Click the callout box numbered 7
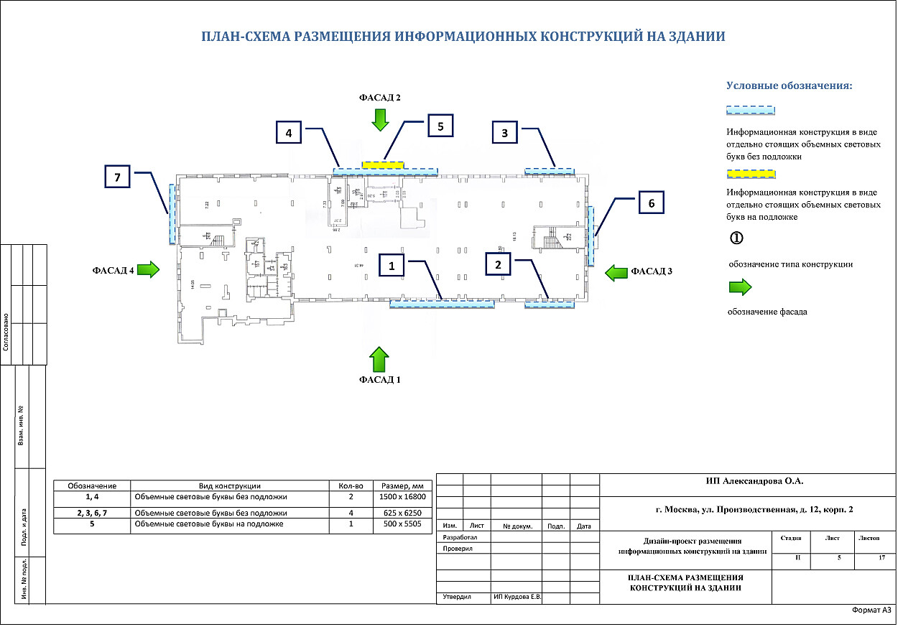tap(118, 177)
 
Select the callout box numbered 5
tap(441, 126)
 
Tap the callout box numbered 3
tap(505, 133)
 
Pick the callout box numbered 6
tap(651, 203)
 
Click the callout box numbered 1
tap(392, 265)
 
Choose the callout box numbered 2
tap(498, 265)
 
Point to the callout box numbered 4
tap(289, 133)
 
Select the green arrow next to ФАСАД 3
tap(616, 272)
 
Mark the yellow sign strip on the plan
tap(383, 164)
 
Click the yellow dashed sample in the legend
tap(751, 174)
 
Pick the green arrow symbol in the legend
tap(740, 288)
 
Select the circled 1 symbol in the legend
tap(736, 238)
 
